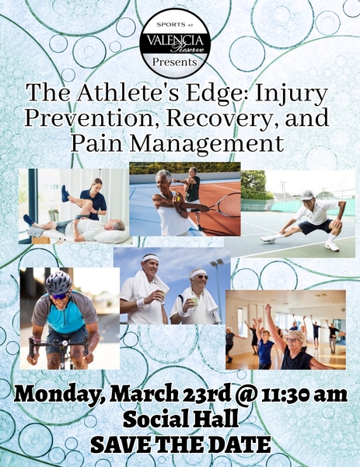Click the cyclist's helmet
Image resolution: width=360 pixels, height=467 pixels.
(x=58, y=283)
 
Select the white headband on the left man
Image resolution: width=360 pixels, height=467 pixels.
(x=150, y=258)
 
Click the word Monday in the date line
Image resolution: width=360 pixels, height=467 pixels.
(x=61, y=392)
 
